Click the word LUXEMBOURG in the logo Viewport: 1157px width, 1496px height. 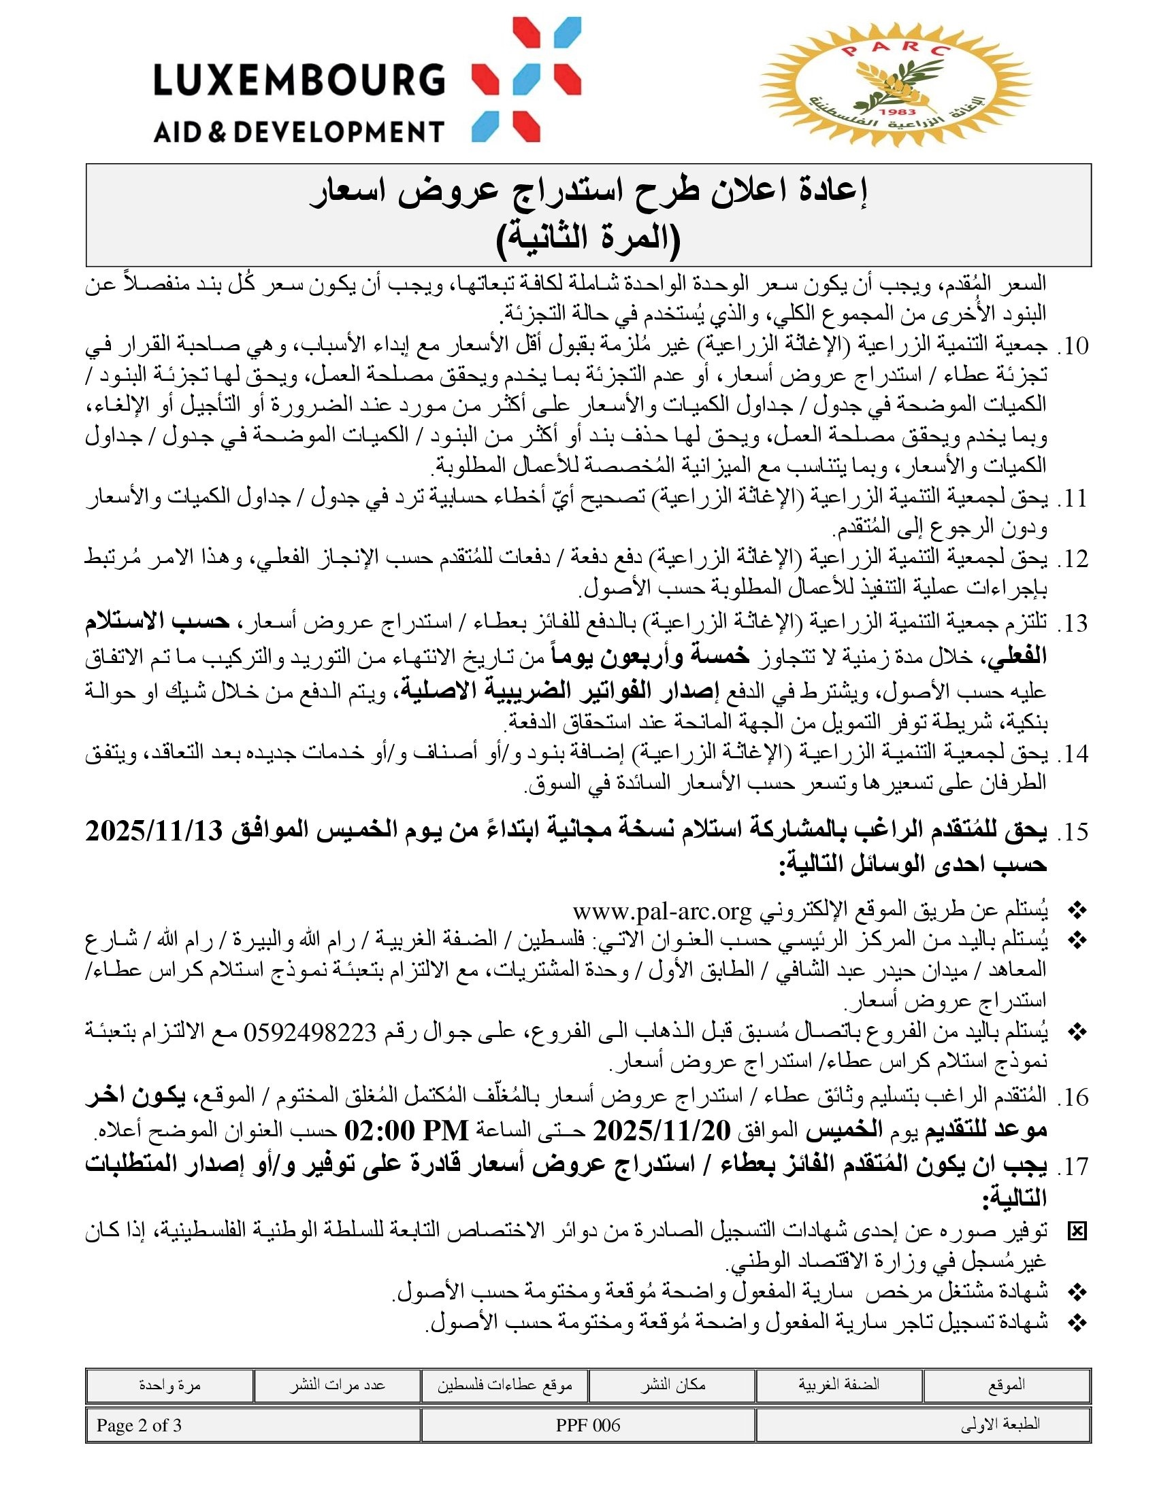click(299, 80)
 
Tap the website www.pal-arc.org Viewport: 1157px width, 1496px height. click(662, 912)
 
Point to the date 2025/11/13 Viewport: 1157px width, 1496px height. click(155, 832)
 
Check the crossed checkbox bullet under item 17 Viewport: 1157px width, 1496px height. click(1077, 1232)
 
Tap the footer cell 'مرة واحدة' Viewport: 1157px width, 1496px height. click(169, 1385)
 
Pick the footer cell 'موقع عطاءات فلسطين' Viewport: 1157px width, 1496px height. click(505, 1385)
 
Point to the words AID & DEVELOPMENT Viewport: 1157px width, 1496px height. click(299, 130)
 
